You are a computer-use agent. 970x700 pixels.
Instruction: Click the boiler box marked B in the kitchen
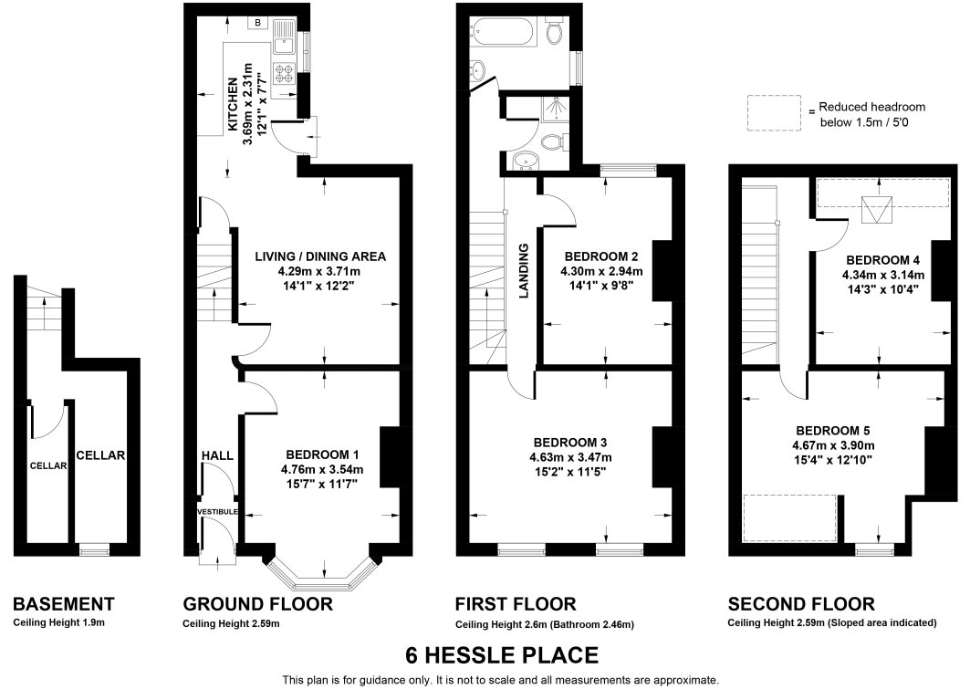(x=257, y=23)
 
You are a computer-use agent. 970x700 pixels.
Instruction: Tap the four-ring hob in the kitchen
(x=285, y=74)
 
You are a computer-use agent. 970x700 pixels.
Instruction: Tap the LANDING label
(x=524, y=271)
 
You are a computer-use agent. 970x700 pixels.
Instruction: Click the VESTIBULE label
(x=217, y=512)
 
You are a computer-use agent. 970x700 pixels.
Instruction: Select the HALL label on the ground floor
(x=217, y=455)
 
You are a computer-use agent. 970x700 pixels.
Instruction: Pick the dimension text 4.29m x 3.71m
(x=319, y=271)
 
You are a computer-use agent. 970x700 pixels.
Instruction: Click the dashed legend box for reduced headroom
(x=774, y=112)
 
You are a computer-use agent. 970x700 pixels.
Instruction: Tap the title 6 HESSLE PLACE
(x=502, y=654)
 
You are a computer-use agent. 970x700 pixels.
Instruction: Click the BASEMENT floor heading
(x=64, y=603)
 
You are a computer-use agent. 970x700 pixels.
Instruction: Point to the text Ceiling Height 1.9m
(x=58, y=622)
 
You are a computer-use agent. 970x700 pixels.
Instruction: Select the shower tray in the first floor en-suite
(x=556, y=109)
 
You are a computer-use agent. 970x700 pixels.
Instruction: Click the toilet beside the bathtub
(x=554, y=30)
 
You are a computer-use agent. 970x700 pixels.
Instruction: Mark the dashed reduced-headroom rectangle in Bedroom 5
(x=790, y=517)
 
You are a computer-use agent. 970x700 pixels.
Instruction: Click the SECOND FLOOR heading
(x=801, y=603)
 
